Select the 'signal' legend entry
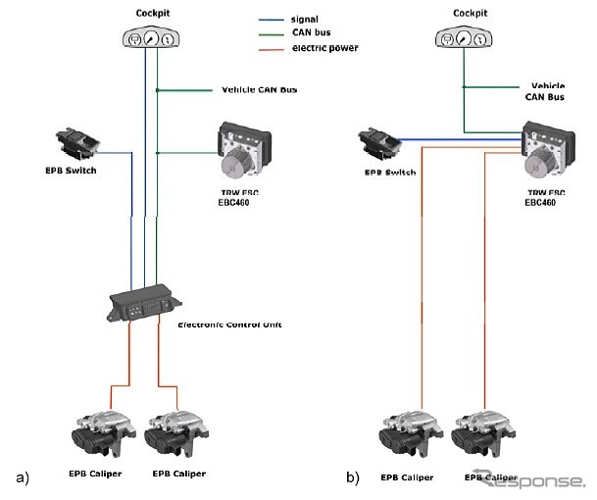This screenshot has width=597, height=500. click(x=305, y=17)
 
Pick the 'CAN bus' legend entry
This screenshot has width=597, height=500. click(x=308, y=31)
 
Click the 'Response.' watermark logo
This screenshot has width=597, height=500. click(x=529, y=480)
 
